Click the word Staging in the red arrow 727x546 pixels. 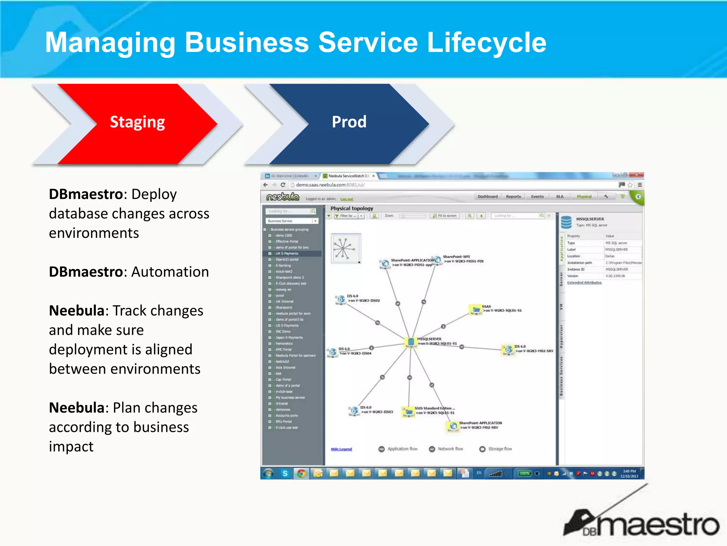click(137, 122)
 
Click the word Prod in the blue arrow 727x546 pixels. click(349, 122)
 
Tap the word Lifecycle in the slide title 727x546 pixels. click(486, 43)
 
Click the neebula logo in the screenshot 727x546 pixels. click(283, 197)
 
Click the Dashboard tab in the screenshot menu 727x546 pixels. click(487, 197)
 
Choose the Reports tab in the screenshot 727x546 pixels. click(513, 197)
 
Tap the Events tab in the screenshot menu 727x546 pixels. click(537, 197)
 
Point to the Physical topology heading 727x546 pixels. click(351, 208)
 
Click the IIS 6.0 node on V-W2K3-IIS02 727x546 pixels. click(341, 299)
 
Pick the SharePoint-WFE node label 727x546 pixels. click(456, 257)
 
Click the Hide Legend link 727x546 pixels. click(341, 449)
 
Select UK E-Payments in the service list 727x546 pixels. click(287, 253)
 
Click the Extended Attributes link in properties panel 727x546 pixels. click(584, 283)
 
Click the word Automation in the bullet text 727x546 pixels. click(170, 272)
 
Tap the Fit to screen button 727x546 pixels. click(445, 216)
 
